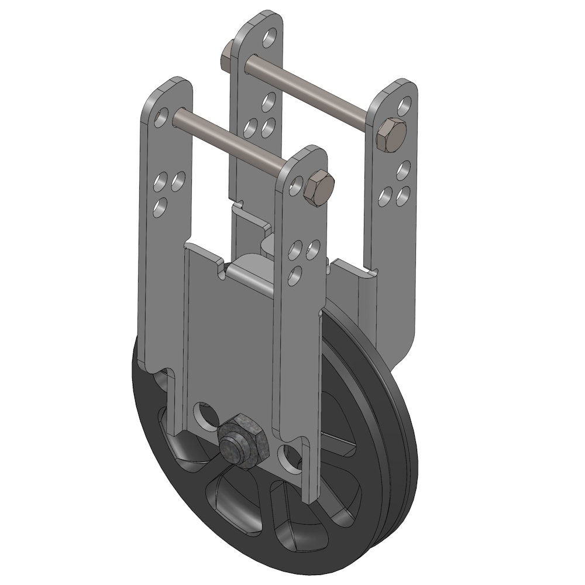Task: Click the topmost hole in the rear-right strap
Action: point(402,106)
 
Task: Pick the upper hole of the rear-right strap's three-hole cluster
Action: point(402,170)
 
